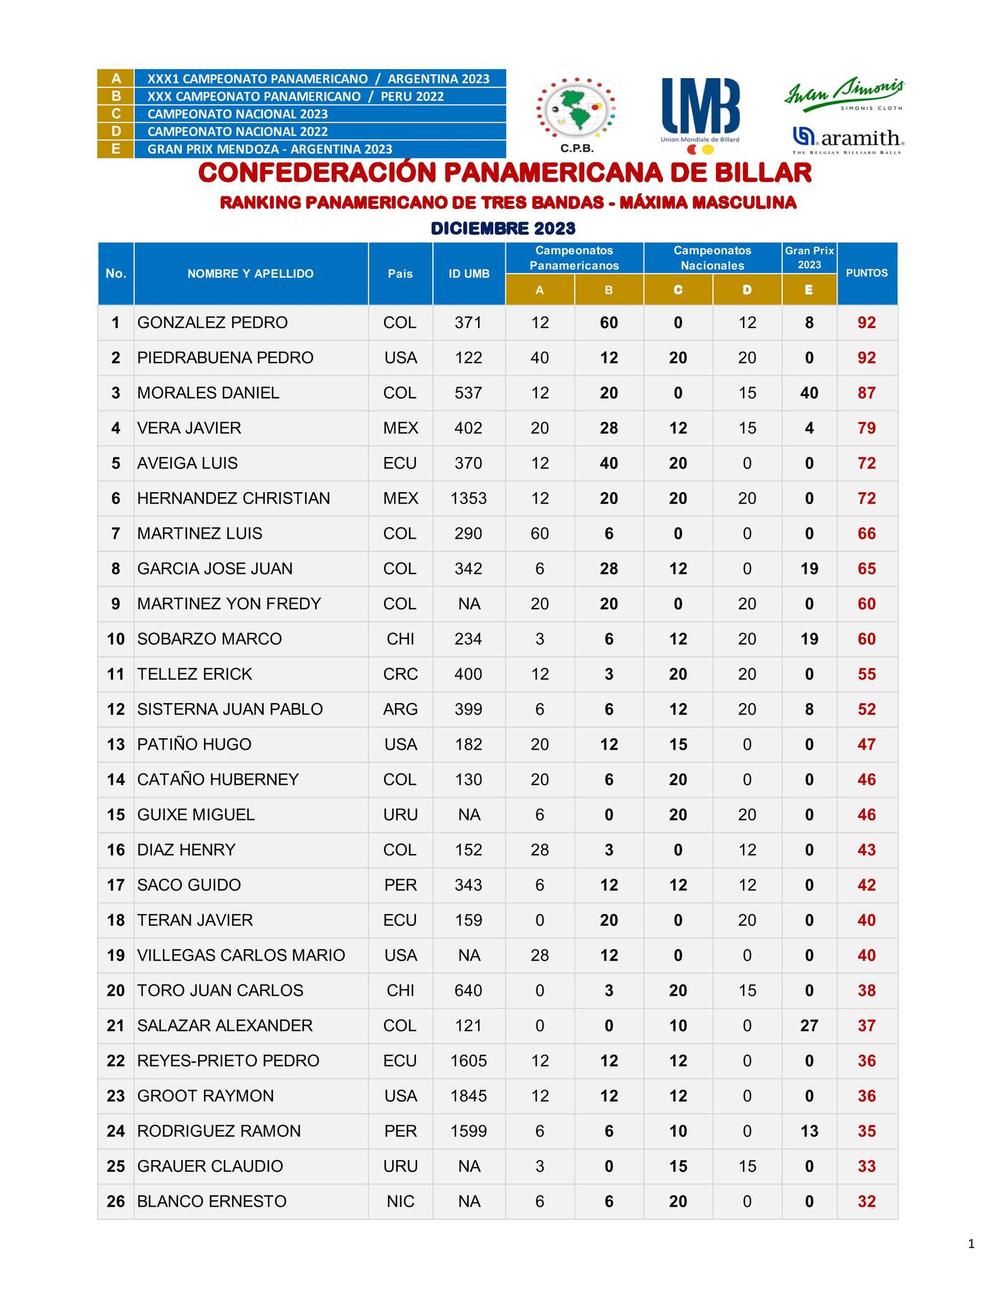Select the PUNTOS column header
coord(866,273)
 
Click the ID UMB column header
coord(469,273)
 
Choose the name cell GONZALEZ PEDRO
coord(212,323)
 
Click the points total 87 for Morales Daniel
coord(866,393)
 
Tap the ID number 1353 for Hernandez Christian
coord(469,498)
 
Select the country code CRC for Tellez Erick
coord(400,674)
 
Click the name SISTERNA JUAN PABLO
coord(230,709)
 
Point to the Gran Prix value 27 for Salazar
coord(809,1026)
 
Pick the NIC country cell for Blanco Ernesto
coord(400,1202)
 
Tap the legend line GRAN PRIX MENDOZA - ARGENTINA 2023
coord(269,149)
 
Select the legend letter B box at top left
coord(116,96)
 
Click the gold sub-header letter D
coord(747,290)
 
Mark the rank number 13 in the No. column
coord(116,745)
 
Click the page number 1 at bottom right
coord(971,1244)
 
